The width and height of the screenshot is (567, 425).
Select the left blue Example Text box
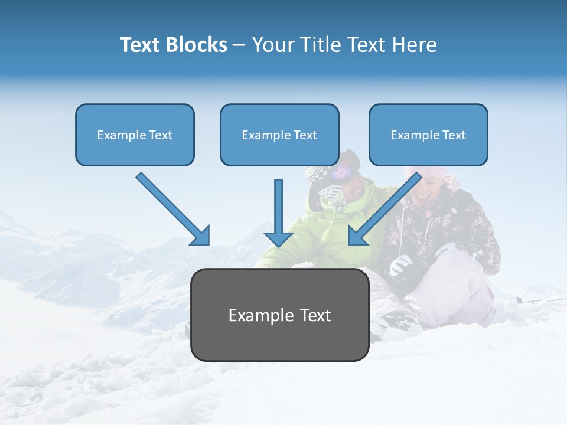pyautogui.click(x=135, y=135)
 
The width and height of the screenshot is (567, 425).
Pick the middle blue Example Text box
pyautogui.click(x=279, y=135)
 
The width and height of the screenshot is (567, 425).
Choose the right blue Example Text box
pyautogui.click(x=428, y=135)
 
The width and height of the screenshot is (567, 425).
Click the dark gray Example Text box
pyautogui.click(x=279, y=315)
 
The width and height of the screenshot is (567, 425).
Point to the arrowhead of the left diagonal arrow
pyautogui.click(x=201, y=237)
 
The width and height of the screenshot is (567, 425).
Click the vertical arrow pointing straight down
pyautogui.click(x=279, y=212)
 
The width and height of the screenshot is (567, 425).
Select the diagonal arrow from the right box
pyautogui.click(x=384, y=210)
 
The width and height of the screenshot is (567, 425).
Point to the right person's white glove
pyautogui.click(x=402, y=266)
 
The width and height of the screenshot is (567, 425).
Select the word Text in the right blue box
pyautogui.click(x=454, y=135)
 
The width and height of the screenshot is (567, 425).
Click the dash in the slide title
pyautogui.click(x=239, y=45)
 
